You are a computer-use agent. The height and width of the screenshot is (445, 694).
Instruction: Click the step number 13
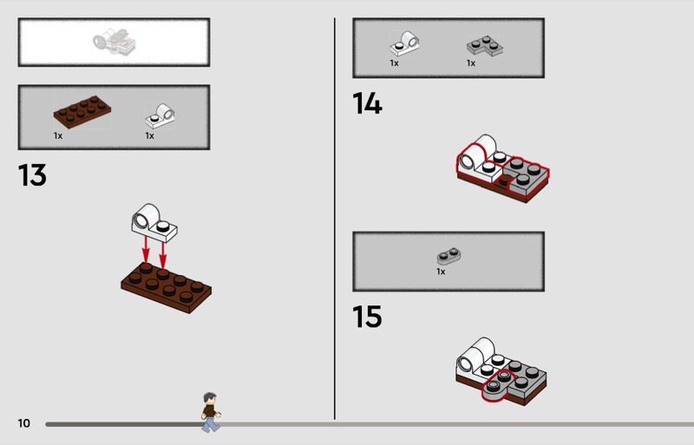[x=32, y=175]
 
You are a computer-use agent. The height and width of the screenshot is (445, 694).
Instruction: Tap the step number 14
[x=367, y=103]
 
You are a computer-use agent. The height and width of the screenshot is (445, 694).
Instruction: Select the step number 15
[x=367, y=317]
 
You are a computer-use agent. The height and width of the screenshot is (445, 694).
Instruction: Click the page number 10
[x=24, y=423]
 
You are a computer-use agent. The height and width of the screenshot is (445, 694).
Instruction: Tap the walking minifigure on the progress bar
[x=211, y=412]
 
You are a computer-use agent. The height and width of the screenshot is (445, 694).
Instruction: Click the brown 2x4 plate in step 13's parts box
[x=82, y=112]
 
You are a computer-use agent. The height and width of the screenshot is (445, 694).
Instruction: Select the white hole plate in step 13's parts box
[x=160, y=115]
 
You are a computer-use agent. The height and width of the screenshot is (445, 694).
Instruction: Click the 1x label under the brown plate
[x=58, y=135]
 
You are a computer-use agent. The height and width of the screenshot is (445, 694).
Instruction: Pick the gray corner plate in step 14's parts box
[x=485, y=46]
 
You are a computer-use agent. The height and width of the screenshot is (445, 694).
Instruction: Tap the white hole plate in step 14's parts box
[x=404, y=43]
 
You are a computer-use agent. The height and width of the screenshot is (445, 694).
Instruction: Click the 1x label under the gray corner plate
[x=471, y=63]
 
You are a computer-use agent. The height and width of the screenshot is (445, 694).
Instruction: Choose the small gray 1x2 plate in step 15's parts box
[x=448, y=256]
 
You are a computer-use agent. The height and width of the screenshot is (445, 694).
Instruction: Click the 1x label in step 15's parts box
[x=441, y=272]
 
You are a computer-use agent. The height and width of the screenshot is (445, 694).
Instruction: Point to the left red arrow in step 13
[x=145, y=249]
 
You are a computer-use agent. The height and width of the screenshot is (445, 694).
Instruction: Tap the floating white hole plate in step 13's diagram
[x=154, y=223]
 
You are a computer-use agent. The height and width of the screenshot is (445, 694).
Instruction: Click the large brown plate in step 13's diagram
[x=167, y=288]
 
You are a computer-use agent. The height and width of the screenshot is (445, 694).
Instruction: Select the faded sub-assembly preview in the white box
[x=115, y=42]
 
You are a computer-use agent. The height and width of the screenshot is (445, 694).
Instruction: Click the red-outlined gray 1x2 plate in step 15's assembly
[x=497, y=384]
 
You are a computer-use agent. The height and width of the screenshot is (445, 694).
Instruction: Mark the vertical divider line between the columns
[x=335, y=219]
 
